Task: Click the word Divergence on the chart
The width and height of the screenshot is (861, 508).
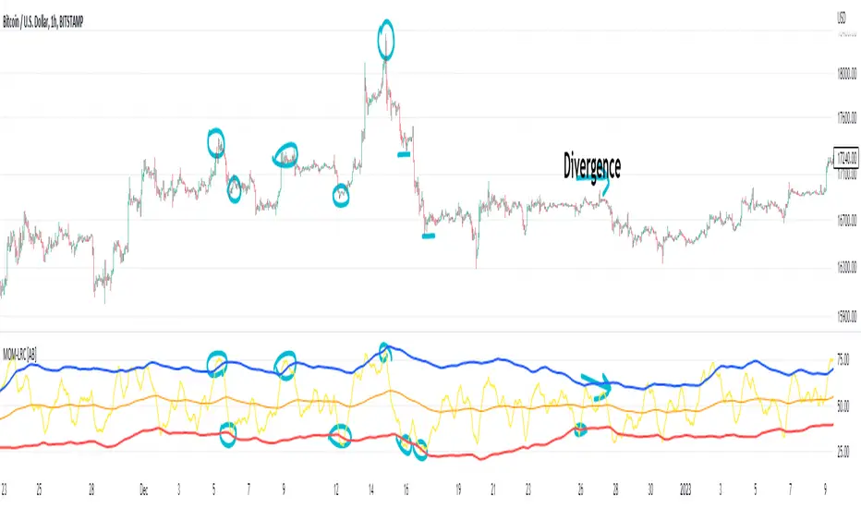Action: point(592,166)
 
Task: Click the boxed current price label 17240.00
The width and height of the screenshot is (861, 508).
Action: point(846,156)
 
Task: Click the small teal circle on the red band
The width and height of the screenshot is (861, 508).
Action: point(580,429)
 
